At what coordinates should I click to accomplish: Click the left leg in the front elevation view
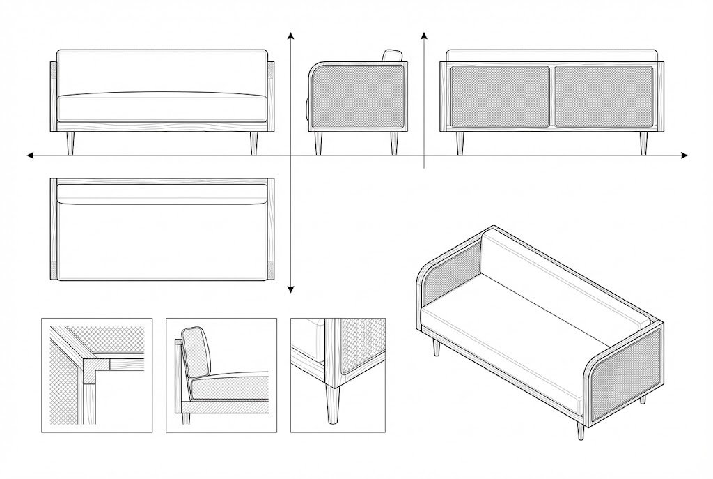[x=70, y=143]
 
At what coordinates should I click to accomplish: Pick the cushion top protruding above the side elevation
[x=393, y=56]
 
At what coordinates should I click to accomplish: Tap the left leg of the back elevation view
[x=460, y=143]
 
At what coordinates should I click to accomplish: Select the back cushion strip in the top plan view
[x=162, y=193]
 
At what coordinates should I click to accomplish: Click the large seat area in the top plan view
[x=162, y=241]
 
